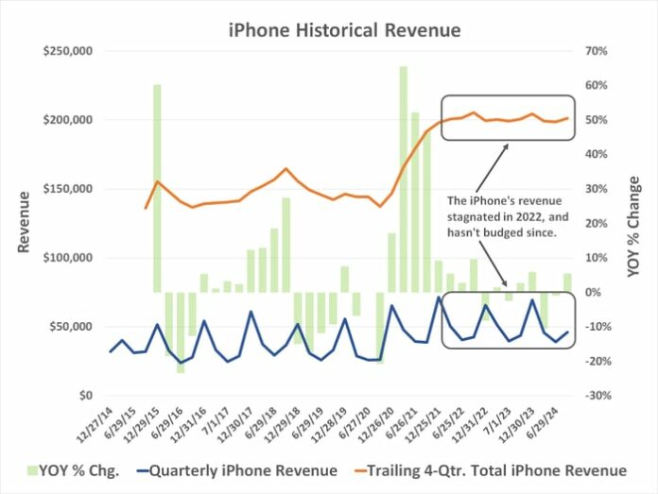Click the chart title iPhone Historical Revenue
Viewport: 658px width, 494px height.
pos(344,30)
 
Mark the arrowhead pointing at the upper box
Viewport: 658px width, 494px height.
pos(505,145)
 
